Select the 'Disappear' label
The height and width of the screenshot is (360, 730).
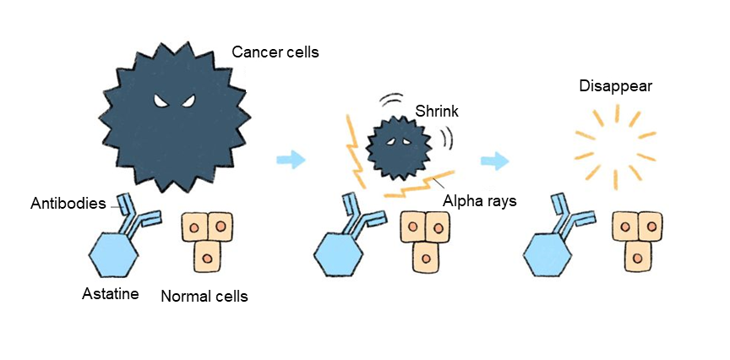pos(615,86)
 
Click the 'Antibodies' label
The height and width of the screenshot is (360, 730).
pos(68,204)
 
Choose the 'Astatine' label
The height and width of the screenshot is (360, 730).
pos(110,294)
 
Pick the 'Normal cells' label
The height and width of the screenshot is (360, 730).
pos(204,297)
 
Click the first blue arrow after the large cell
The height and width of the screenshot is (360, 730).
pos(291,159)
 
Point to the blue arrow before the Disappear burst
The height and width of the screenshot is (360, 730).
pos(495,160)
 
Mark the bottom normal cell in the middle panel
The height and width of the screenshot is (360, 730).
pos(427,256)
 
